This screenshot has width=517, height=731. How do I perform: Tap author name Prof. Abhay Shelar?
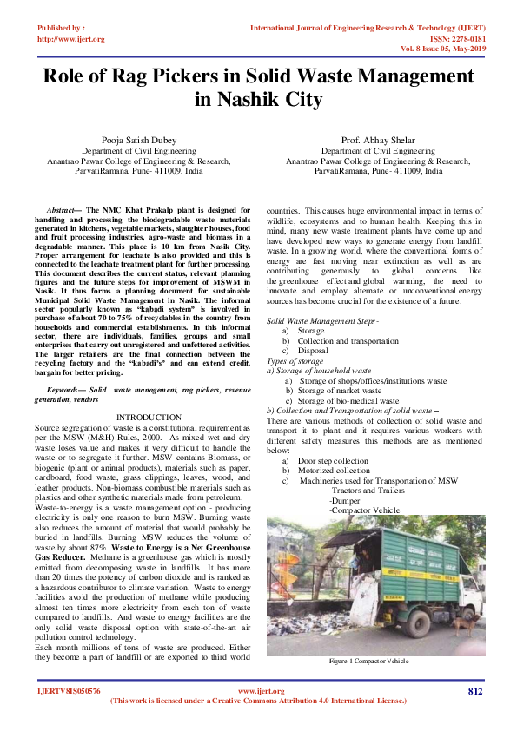379,139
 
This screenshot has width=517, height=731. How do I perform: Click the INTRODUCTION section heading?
149,418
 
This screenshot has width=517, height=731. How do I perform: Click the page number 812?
474,691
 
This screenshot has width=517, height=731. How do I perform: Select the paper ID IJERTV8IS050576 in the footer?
69,691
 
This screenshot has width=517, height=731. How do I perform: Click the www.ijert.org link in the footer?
258,691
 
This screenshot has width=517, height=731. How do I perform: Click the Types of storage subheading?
295,360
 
